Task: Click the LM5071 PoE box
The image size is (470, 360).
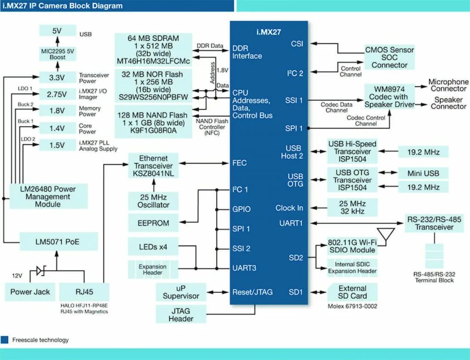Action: (59, 241)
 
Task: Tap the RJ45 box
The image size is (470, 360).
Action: (84, 292)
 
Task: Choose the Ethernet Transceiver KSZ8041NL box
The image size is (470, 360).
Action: (153, 166)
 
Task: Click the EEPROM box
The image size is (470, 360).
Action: (153, 223)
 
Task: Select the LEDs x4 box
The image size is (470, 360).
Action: (153, 247)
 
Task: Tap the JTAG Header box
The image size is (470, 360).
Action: (181, 315)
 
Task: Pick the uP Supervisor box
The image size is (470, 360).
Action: (181, 292)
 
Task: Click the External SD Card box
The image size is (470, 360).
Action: (352, 292)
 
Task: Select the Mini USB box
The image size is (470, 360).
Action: (423, 173)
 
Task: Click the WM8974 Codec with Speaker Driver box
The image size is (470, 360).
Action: (390, 97)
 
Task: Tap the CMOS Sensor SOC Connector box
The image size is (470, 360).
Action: (389, 57)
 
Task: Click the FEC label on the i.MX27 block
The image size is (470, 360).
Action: (240, 163)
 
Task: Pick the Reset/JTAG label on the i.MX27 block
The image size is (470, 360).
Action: (252, 292)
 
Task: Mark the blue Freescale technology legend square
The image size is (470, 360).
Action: (5, 340)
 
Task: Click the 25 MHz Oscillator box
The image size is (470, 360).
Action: (153, 201)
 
